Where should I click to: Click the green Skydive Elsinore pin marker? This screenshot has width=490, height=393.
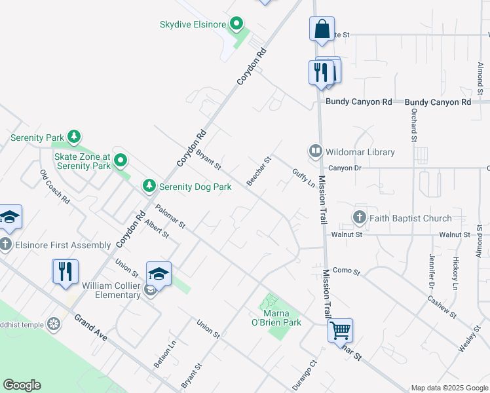pyautogui.click(x=236, y=25)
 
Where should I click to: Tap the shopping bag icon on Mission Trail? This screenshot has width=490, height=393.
pyautogui.click(x=322, y=30)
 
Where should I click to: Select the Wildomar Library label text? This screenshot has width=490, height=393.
pyautogui.click(x=362, y=152)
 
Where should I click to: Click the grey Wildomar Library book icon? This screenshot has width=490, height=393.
pyautogui.click(x=316, y=152)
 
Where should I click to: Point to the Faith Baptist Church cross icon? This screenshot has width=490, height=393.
pyautogui.click(x=359, y=217)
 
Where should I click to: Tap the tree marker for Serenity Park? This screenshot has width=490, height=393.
pyautogui.click(x=74, y=138)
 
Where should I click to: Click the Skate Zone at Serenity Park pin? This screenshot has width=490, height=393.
pyautogui.click(x=121, y=160)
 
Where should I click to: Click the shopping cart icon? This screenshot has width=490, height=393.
pyautogui.click(x=341, y=331)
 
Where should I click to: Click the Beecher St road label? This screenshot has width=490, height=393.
pyautogui.click(x=258, y=171)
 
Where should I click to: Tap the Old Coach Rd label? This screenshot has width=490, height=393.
pyautogui.click(x=55, y=187)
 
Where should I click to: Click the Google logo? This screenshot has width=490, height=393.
pyautogui.click(x=22, y=385)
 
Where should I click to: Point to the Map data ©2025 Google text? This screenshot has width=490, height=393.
pyautogui.click(x=449, y=388)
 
